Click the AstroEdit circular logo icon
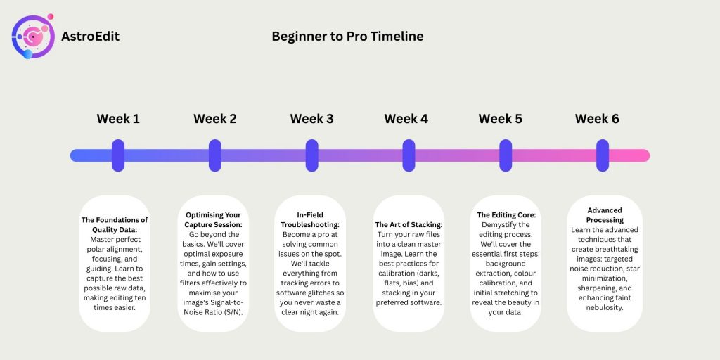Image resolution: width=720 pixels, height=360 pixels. pyautogui.click(x=32, y=37)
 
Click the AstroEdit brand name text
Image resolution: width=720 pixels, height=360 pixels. pyautogui.click(x=90, y=37)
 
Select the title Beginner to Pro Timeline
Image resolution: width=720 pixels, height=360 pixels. pyautogui.click(x=347, y=37)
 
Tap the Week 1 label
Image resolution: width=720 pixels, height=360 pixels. pyautogui.click(x=118, y=119)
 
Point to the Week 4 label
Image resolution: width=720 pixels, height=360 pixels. pyautogui.click(x=406, y=119)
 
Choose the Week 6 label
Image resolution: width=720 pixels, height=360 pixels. pyautogui.click(x=597, y=119)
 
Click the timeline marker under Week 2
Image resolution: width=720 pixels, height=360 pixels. pyautogui.click(x=215, y=155)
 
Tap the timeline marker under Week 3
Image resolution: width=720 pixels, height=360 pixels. pyautogui.click(x=311, y=155)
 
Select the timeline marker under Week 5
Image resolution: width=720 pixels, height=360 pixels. pyautogui.click(x=506, y=155)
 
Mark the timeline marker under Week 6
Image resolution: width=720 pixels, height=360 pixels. pyautogui.click(x=603, y=155)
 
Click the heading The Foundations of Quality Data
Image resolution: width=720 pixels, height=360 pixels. pyautogui.click(x=115, y=225)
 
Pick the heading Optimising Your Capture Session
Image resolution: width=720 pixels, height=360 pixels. pyautogui.click(x=213, y=220)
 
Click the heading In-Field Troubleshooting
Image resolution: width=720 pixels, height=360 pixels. pyautogui.click(x=310, y=220)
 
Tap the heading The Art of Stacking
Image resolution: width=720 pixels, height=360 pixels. pyautogui.click(x=409, y=224)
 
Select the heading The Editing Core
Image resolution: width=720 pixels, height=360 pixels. pyautogui.click(x=506, y=215)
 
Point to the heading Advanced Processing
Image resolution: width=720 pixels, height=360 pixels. pyautogui.click(x=604, y=215)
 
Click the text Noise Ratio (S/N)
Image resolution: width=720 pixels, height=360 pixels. pyautogui.click(x=213, y=312)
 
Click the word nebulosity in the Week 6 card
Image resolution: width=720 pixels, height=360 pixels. pyautogui.click(x=604, y=308)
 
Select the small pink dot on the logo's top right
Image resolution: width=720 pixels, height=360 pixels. pyautogui.click(x=51, y=17)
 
